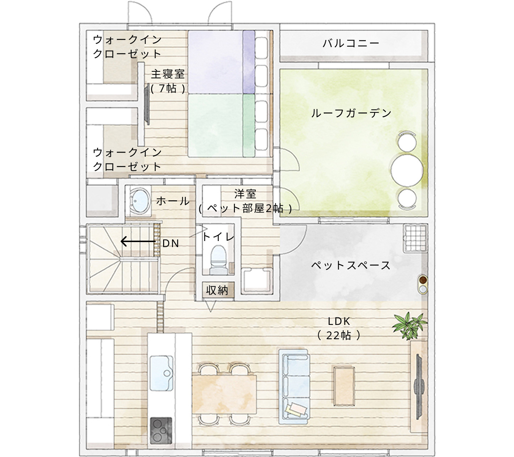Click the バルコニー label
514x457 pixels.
[351, 44]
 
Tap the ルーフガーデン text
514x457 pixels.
[351, 113]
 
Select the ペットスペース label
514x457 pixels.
[351, 265]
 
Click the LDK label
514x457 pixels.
[339, 321]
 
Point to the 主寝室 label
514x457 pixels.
[167, 74]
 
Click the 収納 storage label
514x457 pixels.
[217, 290]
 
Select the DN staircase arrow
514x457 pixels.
[138, 242]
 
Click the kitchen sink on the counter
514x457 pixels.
[161, 373]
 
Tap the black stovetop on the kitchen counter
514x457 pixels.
[161, 431]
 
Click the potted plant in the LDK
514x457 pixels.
[409, 325]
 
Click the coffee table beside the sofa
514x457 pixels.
[344, 386]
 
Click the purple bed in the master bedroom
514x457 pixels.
[221, 62]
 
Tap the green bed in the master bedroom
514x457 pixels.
[221, 125]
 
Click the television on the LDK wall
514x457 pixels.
[418, 387]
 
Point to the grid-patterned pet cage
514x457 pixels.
[415, 238]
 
